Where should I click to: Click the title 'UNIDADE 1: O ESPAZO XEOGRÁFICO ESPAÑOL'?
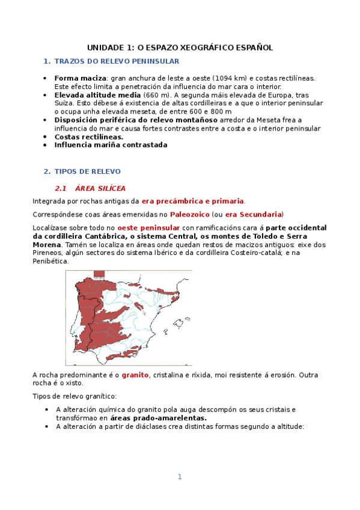coord(180,47)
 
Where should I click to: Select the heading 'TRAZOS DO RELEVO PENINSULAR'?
coord(116,61)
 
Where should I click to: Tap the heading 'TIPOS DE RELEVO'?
coord(87,171)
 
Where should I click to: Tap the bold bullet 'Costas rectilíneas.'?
coord(84,137)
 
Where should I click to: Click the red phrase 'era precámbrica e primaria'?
coord(193,201)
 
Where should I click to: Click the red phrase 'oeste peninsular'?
coord(148,228)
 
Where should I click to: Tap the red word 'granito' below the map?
coord(135,375)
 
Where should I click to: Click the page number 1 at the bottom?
coord(179,477)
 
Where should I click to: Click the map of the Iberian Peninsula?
coord(129,315)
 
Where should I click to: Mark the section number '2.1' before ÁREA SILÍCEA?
coord(61,188)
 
